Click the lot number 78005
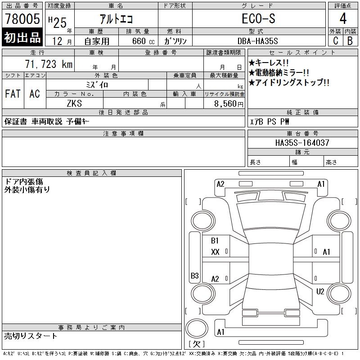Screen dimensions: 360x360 point(22,19)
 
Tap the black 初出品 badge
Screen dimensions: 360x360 point(22,38)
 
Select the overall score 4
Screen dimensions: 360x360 point(342,19)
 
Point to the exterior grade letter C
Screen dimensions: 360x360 point(335,40)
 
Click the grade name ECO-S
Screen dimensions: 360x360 point(258,19)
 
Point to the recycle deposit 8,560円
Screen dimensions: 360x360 point(230,103)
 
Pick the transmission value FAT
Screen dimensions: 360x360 point(13,94)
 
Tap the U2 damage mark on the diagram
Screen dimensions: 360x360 point(320,292)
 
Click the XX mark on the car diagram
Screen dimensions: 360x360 point(215,252)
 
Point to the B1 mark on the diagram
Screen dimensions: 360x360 point(215,241)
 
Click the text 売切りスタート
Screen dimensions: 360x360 point(31,336)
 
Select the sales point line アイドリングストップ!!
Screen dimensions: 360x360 point(289,83)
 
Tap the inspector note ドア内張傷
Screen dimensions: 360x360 point(23,181)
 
